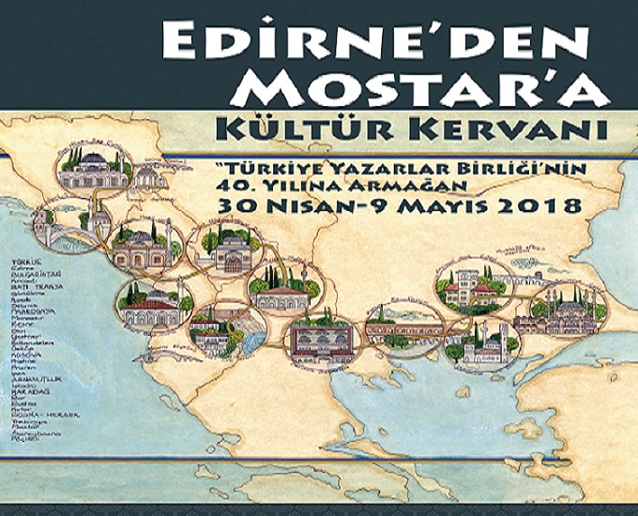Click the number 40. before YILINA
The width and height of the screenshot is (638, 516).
pos(235,184)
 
